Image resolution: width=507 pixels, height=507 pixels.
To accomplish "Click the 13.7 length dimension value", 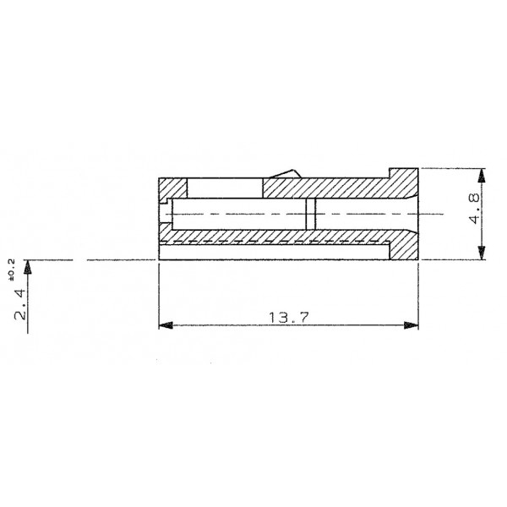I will tap(288, 317).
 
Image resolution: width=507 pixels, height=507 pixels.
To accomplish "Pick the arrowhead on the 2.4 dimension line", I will tap(28, 266).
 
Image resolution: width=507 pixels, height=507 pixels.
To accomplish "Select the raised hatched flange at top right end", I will tap(403, 175).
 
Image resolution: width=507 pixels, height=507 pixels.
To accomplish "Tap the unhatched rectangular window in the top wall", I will tap(224, 188).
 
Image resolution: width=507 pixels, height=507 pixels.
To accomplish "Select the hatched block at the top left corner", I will tap(172, 188).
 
